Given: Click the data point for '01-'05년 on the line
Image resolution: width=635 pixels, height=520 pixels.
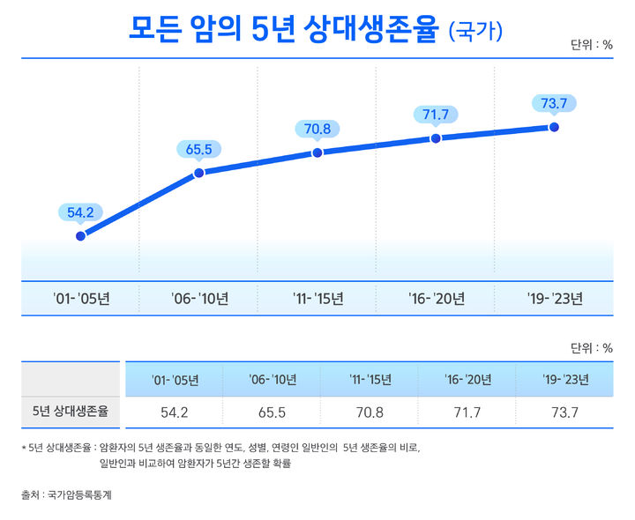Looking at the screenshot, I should point(81,235).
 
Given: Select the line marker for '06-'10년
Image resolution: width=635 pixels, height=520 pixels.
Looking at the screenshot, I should point(198,173).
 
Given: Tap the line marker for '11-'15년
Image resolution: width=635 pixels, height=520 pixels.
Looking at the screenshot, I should point(317,152).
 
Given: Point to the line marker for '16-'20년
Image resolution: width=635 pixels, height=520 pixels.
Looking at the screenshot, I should point(436,138).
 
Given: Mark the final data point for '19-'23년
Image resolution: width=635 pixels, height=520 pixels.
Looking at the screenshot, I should point(554,127).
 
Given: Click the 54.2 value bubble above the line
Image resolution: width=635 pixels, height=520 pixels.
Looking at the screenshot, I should point(81,212).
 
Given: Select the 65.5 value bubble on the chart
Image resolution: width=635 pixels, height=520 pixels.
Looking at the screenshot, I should point(198,149).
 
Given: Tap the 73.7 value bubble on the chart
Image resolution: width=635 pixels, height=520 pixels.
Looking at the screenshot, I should point(554,104).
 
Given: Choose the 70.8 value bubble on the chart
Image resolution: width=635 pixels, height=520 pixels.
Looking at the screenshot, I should point(317,129).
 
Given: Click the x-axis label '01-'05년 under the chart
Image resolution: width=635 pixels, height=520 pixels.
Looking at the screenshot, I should point(81,299).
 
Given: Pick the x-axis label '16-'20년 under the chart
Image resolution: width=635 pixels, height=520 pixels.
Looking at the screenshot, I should point(436,299).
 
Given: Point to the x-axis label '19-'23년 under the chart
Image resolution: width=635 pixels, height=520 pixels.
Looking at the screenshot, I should point(554,299).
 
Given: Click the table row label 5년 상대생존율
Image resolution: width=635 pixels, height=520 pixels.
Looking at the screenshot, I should point(70,411).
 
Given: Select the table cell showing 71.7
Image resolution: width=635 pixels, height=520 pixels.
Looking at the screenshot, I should point(466,412).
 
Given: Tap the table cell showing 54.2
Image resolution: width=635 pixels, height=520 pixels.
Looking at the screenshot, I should point(175,412).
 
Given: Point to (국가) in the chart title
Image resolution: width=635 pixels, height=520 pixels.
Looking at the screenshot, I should point(476,32).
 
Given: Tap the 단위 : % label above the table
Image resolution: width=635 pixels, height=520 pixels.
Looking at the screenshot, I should point(592,347).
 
